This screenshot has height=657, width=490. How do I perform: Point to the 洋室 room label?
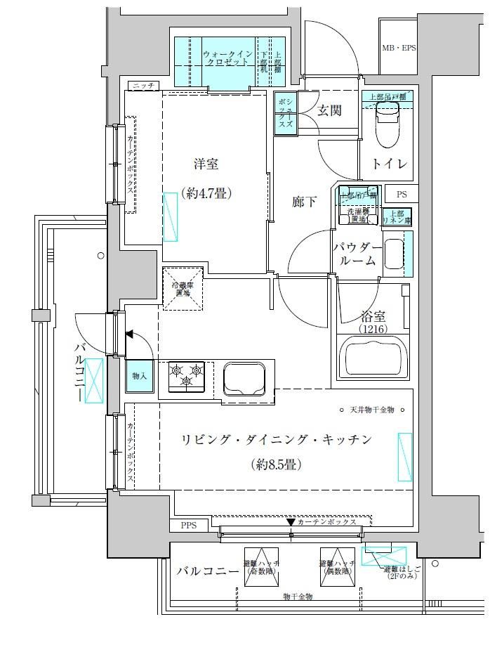[x=206, y=164]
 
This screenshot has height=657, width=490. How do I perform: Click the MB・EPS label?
[x=399, y=48]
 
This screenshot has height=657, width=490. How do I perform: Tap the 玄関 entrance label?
[x=329, y=110]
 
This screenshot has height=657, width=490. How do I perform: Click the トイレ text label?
[x=390, y=164]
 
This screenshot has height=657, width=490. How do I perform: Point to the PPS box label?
[x=189, y=526]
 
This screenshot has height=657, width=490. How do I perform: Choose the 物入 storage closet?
[x=139, y=376]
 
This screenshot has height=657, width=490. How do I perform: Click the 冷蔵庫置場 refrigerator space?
[x=183, y=289]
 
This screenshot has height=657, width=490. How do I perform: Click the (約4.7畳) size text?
[x=206, y=193]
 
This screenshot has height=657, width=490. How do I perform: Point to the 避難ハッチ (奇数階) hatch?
[x=260, y=567]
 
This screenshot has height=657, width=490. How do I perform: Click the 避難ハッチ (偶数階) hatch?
[x=338, y=567]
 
